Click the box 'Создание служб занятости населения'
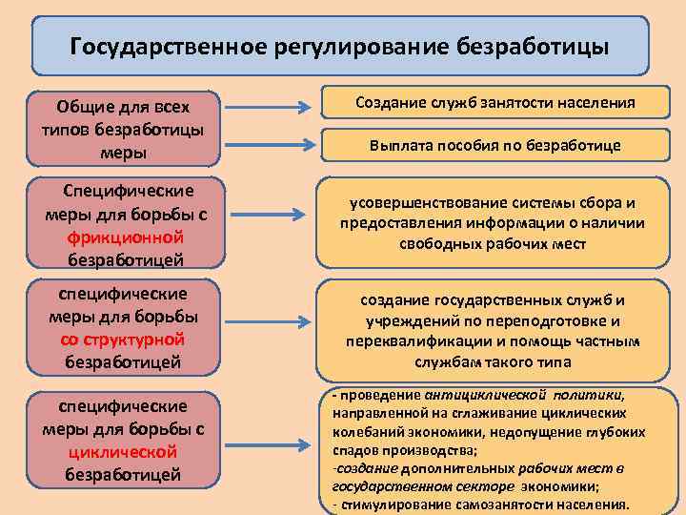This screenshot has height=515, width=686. (x=495, y=102)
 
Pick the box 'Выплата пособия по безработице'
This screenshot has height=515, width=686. (x=495, y=146)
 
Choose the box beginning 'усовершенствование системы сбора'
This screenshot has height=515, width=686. (x=493, y=223)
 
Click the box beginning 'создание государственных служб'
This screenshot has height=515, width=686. (x=493, y=327)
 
